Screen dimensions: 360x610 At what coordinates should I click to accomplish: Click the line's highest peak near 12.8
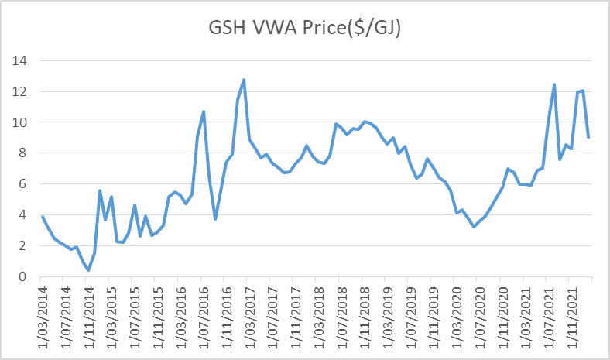pyautogui.click(x=244, y=80)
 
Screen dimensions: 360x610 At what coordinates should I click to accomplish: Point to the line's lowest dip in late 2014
pyautogui.click(x=88, y=270)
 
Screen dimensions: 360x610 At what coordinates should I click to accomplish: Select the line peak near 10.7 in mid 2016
pyautogui.click(x=204, y=111)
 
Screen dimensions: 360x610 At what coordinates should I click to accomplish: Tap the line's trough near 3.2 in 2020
pyautogui.click(x=474, y=227)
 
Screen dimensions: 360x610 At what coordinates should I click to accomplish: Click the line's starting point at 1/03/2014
pyautogui.click(x=42, y=216)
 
